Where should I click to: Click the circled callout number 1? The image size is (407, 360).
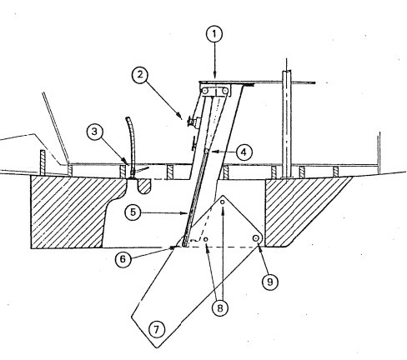[x=215, y=36]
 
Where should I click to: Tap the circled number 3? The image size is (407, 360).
[x=97, y=132]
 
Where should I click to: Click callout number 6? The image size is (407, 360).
[x=123, y=258]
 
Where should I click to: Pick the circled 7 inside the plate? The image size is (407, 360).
[x=156, y=328]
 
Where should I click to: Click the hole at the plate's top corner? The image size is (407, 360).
[x=223, y=211]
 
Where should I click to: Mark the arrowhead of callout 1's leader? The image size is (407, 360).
[x=215, y=80]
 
